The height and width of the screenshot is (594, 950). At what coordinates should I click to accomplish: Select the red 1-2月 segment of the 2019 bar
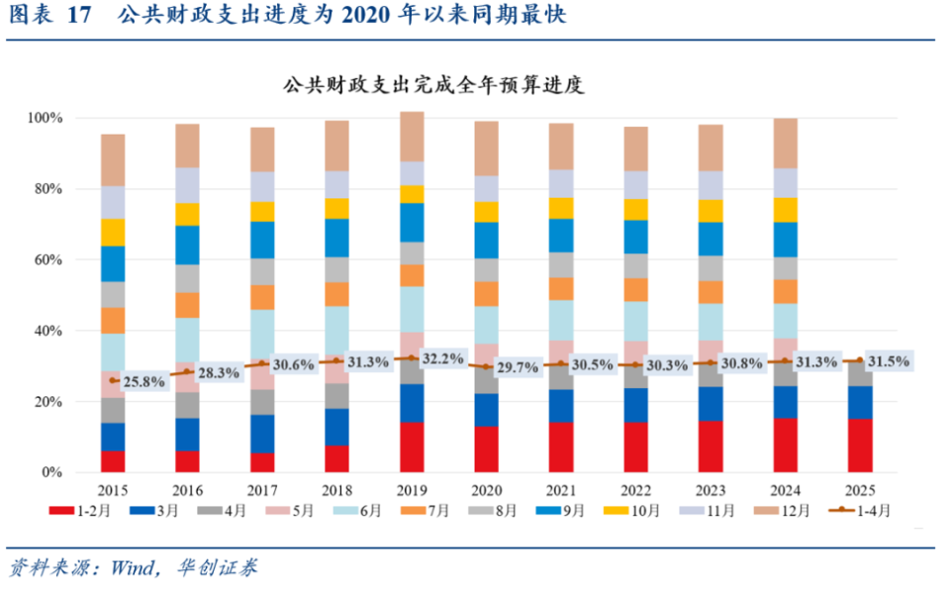pos(413,447)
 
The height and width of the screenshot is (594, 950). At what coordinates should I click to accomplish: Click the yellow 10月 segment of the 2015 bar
pos(114,232)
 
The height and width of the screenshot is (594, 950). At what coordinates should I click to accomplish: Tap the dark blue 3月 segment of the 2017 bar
pos(263,433)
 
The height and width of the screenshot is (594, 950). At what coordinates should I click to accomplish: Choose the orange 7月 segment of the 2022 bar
pos(636,289)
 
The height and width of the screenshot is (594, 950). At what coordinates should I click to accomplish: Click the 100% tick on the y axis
pos(46,118)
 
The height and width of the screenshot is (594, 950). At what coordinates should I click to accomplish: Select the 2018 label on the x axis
pos(337,491)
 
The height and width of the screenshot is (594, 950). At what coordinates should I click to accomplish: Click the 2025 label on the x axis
pos(860,491)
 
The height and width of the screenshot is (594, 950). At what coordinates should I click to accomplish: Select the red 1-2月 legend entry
pos(75,511)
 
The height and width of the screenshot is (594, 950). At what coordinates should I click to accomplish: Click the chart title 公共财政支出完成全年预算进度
pos(433,85)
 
